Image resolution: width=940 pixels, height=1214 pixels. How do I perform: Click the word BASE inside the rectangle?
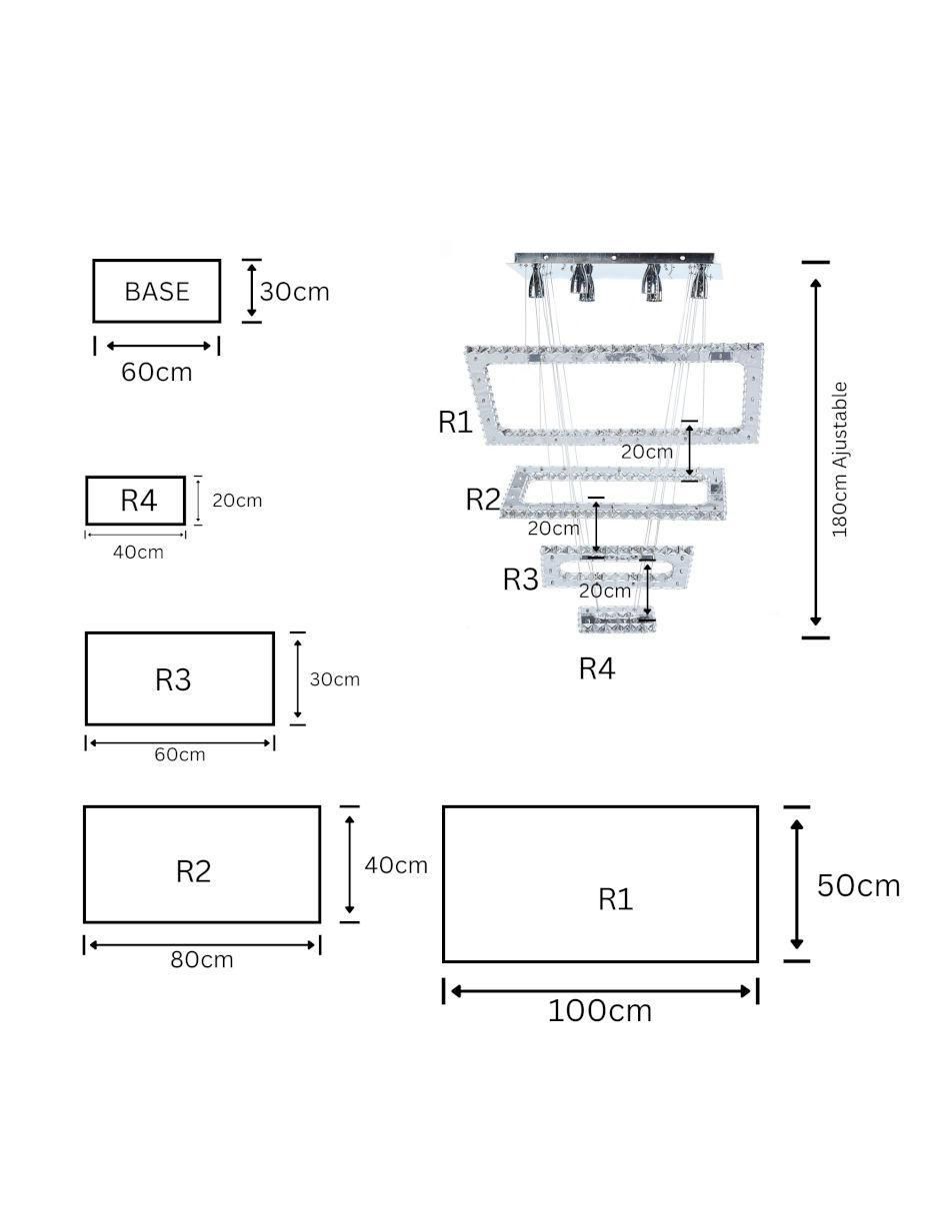point(157,292)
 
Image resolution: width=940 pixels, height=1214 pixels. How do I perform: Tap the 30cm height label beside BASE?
point(295,292)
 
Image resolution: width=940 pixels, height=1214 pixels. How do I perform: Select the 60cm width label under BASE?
point(156,372)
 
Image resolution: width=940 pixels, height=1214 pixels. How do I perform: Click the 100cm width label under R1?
point(600,1010)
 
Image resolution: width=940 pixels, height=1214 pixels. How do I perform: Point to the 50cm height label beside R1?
point(858,885)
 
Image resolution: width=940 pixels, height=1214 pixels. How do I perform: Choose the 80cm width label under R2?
point(202,960)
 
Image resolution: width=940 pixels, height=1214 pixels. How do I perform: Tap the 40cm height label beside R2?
point(396,865)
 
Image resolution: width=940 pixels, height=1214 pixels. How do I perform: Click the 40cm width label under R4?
point(138,553)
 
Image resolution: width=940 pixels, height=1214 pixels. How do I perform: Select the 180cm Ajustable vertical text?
point(840,460)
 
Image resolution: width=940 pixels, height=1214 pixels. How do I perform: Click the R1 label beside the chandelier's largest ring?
point(455,422)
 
